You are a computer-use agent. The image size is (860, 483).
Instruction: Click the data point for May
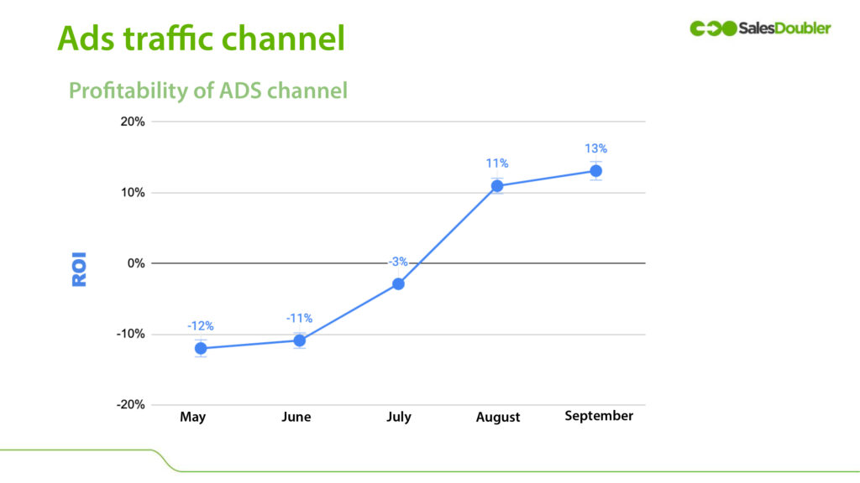pos(201,348)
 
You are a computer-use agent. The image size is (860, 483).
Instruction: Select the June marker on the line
pos(299,340)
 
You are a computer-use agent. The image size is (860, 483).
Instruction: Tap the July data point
pos(398,284)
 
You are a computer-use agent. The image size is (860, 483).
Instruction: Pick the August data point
pos(497,186)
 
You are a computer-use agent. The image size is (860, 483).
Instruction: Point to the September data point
pos(595,171)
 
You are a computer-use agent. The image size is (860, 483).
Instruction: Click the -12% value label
pos(200,325)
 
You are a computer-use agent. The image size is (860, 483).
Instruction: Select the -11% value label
pos(299,318)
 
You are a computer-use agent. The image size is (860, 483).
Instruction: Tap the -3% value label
pos(398,262)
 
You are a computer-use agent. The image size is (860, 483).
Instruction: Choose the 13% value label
pos(595,148)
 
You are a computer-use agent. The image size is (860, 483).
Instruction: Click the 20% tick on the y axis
pos(131,122)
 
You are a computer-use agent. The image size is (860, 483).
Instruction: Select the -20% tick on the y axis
pos(129,404)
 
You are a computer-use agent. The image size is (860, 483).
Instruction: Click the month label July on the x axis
pos(399,417)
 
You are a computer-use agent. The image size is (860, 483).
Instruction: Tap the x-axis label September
pos(599,416)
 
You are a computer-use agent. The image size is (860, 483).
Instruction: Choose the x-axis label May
pos(192,417)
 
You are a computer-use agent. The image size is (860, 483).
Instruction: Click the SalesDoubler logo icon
pos(713,29)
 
